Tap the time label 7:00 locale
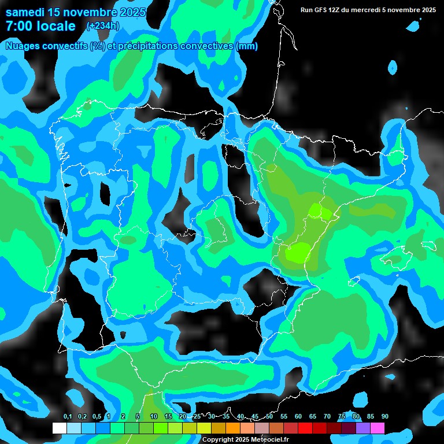click(x=40, y=26)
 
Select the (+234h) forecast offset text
click(x=102, y=25)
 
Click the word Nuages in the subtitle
click(x=23, y=46)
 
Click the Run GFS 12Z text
click(x=324, y=10)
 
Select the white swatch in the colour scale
click(x=60, y=428)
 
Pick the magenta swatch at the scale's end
click(x=378, y=428)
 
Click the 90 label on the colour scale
click(x=385, y=416)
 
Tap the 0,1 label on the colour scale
click(x=67, y=416)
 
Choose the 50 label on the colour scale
click(x=269, y=416)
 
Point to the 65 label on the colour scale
click(x=313, y=416)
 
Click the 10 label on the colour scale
click(x=153, y=416)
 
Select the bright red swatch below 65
click(x=305, y=428)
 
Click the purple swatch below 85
click(x=363, y=428)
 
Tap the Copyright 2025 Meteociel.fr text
click(x=246, y=439)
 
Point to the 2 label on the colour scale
click(x=123, y=416)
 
